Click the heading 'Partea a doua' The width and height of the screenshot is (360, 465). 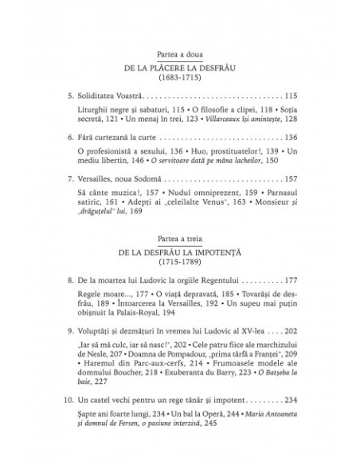click(x=179, y=53)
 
